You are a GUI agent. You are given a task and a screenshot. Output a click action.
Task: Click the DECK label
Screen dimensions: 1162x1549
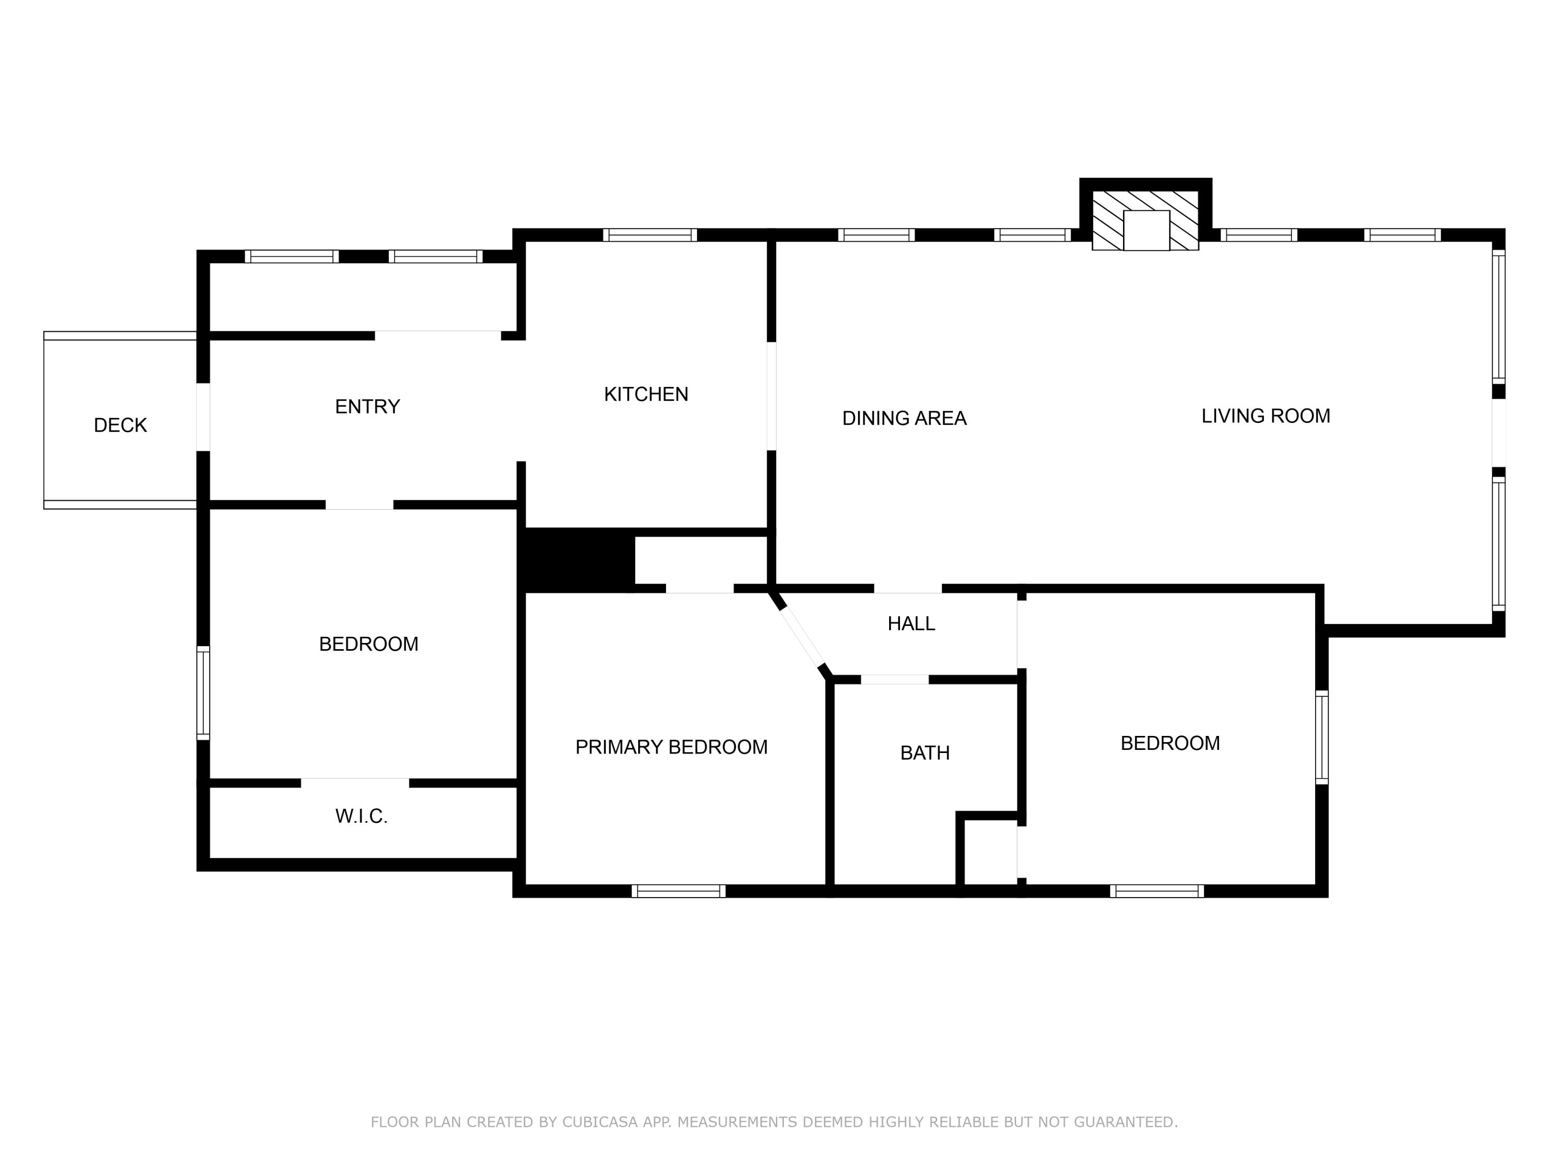[120, 425]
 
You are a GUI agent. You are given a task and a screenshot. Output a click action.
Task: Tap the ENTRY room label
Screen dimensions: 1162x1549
[367, 406]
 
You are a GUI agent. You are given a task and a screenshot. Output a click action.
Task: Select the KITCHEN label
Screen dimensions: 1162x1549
[645, 395]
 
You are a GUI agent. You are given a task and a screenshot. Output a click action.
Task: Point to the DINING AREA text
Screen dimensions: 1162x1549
[904, 418]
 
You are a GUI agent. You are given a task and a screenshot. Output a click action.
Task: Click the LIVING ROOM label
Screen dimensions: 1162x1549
[1266, 416]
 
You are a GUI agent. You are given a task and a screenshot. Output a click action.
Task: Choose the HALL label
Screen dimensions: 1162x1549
[910, 623]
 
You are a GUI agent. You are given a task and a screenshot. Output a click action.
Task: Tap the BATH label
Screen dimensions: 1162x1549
[924, 753]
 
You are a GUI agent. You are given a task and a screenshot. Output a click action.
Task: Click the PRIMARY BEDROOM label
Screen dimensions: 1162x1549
[671, 747]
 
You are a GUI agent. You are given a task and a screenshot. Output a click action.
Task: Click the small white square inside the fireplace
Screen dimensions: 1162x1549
[1146, 230]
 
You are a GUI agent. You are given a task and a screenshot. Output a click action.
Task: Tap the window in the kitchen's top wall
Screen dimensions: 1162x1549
[650, 234]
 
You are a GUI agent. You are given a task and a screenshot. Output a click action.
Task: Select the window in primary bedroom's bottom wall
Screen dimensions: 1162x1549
[678, 891]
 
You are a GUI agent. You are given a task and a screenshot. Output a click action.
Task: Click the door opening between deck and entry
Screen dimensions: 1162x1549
[203, 417]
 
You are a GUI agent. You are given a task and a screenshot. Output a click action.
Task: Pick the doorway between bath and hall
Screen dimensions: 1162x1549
[894, 680]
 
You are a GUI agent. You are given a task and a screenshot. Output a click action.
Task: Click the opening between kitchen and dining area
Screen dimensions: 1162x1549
[771, 396]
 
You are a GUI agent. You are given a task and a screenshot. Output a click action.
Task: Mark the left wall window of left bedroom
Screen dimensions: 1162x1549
[203, 693]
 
